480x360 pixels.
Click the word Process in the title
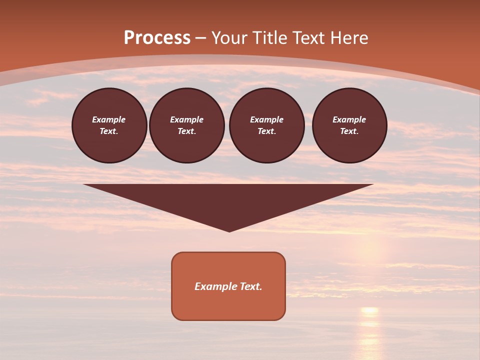157,38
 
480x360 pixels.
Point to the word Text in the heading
309,38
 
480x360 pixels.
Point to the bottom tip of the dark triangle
229,231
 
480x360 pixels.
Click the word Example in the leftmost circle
109,119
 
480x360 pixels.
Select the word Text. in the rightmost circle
349,131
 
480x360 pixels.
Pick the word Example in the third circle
266,119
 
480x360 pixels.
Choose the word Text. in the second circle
186,131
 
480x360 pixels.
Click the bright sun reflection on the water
369,311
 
